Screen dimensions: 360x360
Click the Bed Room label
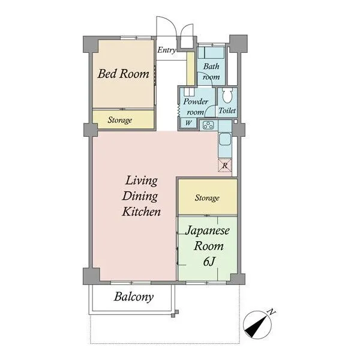(123, 74)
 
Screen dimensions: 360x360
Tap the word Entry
(167, 50)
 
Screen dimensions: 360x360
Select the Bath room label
(211, 71)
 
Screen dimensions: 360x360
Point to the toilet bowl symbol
(227, 96)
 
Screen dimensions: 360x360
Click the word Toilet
(227, 110)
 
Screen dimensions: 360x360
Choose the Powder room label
(196, 107)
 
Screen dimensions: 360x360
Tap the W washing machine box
(188, 123)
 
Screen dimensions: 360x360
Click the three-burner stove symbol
(209, 125)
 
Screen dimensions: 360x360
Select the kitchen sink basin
(225, 139)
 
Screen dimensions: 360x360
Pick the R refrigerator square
(225, 166)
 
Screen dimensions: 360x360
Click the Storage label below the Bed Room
(120, 120)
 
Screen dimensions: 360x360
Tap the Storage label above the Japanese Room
(207, 198)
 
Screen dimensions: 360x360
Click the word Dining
(140, 197)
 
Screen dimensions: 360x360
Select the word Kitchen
(141, 211)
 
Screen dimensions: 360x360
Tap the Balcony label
(134, 297)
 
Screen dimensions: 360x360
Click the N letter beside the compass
(272, 312)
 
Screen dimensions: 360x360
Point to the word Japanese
(208, 231)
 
